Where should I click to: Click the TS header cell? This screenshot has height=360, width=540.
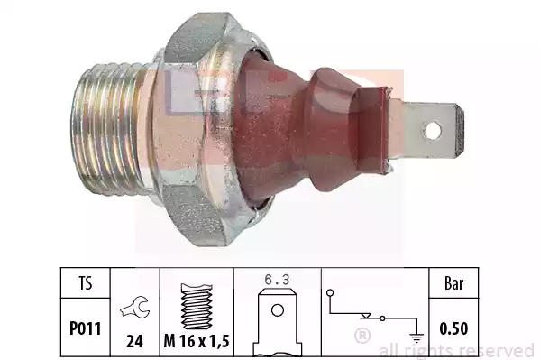click(x=86, y=283)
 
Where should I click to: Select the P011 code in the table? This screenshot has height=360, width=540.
click(x=86, y=328)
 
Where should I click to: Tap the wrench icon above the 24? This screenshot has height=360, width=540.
click(x=134, y=308)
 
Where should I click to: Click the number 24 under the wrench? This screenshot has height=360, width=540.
click(x=134, y=341)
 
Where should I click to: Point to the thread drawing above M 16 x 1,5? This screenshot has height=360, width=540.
click(x=197, y=306)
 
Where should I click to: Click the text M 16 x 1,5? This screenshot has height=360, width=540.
click(x=197, y=341)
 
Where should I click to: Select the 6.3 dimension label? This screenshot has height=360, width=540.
click(x=278, y=280)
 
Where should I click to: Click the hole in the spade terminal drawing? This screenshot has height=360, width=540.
click(x=278, y=310)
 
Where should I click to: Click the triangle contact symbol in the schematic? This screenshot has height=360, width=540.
click(x=366, y=316)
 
